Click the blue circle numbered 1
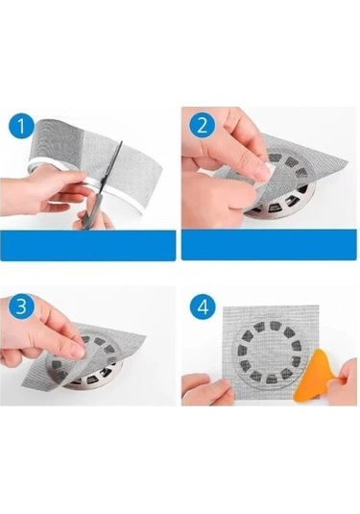[20, 127]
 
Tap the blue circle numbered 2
[202, 125]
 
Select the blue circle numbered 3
[21, 307]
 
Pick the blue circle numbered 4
[204, 307]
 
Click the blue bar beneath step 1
[87, 245]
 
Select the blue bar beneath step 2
[269, 245]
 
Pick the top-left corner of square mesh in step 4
[224, 307]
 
